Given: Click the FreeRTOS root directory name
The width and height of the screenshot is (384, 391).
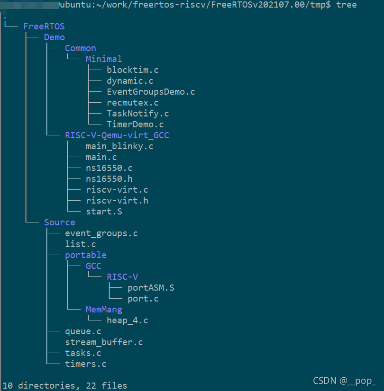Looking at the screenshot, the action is pyautogui.click(x=44, y=27).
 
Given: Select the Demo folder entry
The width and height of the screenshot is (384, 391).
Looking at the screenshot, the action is pyautogui.click(x=55, y=37).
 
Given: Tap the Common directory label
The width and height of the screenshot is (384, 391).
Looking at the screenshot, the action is pyautogui.click(x=81, y=48).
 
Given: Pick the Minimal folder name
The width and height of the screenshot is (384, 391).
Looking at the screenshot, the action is pyautogui.click(x=104, y=59).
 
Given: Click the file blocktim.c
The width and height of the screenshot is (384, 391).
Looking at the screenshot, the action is pyautogui.click(x=133, y=70).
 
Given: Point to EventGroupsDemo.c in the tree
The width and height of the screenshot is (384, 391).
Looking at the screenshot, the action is pyautogui.click(x=151, y=92).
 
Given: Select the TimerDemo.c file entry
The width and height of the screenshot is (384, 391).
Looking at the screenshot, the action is pyautogui.click(x=135, y=124).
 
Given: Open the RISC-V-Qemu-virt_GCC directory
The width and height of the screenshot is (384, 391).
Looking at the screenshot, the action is pyautogui.click(x=117, y=135).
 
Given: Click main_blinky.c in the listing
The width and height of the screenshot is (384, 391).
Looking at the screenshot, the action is pyautogui.click(x=119, y=146).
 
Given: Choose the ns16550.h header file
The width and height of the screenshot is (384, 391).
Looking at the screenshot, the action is pyautogui.click(x=109, y=179).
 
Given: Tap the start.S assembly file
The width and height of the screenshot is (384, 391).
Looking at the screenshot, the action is pyautogui.click(x=104, y=212).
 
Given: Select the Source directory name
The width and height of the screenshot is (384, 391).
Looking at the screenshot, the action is pyautogui.click(x=60, y=222).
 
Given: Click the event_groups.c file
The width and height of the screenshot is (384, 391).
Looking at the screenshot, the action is pyautogui.click(x=101, y=233).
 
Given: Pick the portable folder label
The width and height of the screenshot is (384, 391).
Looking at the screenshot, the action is pyautogui.click(x=86, y=255).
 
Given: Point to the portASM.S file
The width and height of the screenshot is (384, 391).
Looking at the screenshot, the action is pyautogui.click(x=151, y=288).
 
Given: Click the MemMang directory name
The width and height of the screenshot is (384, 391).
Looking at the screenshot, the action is pyautogui.click(x=104, y=310).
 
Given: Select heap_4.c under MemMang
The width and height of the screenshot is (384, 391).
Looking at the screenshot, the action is pyautogui.click(x=127, y=320).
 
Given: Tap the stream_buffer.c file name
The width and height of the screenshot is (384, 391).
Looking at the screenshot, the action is pyautogui.click(x=104, y=342).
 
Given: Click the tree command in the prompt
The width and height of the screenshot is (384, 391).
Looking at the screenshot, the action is pyautogui.click(x=347, y=5).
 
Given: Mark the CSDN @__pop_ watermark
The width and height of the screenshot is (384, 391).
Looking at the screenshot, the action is pyautogui.click(x=345, y=381).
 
